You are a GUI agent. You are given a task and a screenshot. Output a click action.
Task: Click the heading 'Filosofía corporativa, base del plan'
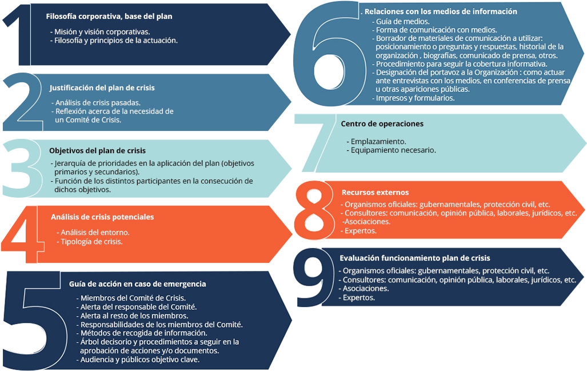pos(109,17)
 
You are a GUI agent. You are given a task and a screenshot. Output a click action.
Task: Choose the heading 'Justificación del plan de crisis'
pos(102,88)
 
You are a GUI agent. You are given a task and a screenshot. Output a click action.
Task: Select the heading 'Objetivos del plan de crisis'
pos(97,150)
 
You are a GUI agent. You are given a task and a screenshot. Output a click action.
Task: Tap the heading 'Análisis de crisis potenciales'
pos(102,217)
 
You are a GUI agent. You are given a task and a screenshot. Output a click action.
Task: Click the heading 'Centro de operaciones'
pos(382,124)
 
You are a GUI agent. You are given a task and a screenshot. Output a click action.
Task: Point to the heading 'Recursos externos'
pos(375,193)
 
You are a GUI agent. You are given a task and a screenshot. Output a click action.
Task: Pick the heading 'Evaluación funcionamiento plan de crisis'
pos(415,258)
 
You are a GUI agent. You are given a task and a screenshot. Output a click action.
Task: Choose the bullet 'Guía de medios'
pos(401,21)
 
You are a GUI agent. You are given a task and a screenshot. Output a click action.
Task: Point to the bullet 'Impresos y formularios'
pos(413,98)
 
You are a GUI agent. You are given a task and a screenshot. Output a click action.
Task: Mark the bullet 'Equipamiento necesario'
pos(391,150)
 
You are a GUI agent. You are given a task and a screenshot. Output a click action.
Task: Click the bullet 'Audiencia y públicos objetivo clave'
pos(138,360)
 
